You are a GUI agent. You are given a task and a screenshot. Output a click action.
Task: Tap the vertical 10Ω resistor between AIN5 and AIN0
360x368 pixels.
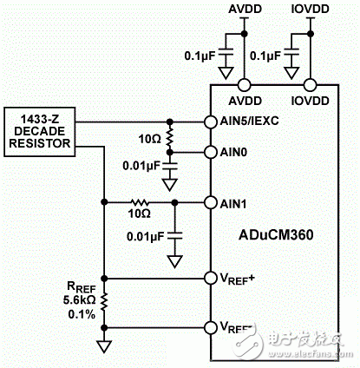[x=170, y=136]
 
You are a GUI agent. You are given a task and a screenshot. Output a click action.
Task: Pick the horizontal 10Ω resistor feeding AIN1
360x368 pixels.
[x=140, y=203]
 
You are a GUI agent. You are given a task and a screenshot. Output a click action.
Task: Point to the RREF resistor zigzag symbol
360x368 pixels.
[x=104, y=302]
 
